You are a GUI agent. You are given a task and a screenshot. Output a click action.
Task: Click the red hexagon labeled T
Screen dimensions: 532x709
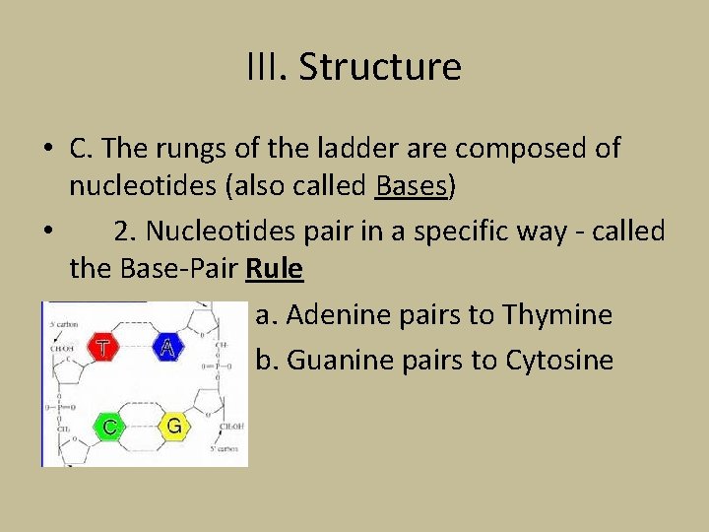(x=102, y=348)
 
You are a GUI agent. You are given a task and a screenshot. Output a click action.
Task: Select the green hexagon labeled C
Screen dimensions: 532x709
(x=109, y=427)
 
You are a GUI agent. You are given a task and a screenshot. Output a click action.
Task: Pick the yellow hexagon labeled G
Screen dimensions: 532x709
(x=173, y=426)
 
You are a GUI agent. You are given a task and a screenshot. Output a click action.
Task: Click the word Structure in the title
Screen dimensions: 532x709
(x=379, y=67)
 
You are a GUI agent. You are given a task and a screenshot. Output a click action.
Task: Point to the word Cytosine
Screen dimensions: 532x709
(x=559, y=361)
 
